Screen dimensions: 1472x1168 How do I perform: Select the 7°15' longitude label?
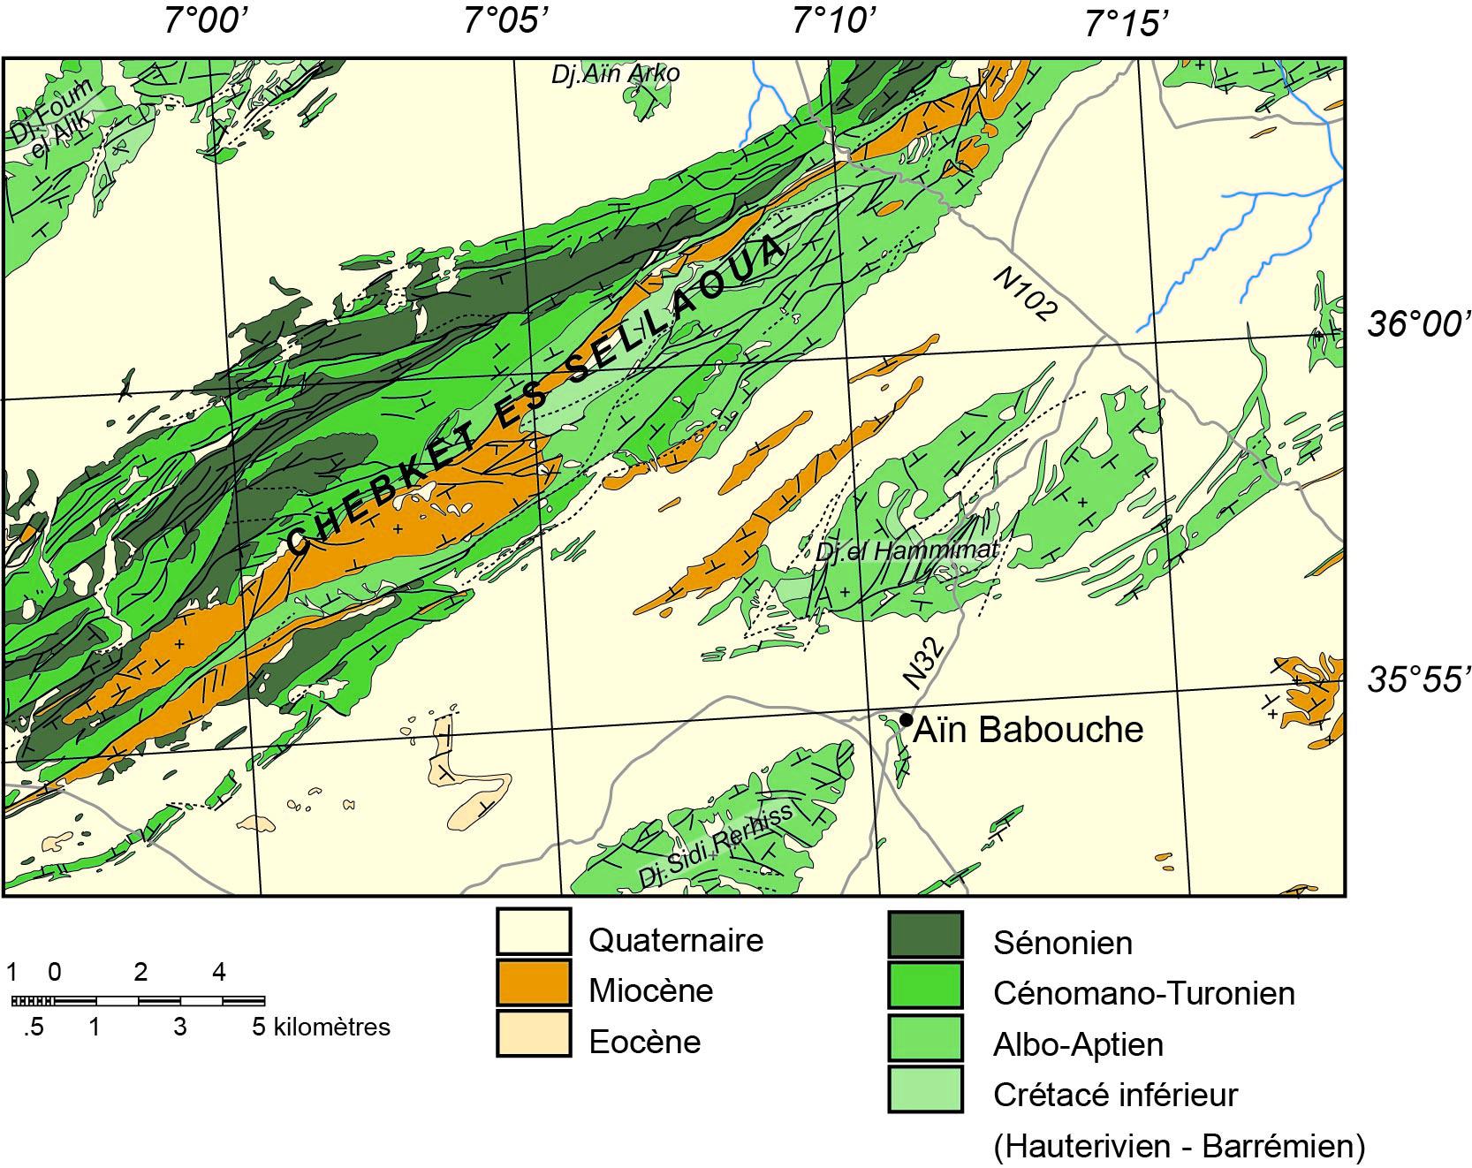1122,23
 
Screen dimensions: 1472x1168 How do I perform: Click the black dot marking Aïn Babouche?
906,720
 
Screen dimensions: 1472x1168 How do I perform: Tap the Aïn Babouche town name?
1028,730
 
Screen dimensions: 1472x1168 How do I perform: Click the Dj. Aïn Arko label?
615,73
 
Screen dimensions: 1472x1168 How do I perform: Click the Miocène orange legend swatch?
533,982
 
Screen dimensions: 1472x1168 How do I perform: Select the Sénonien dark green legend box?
924,935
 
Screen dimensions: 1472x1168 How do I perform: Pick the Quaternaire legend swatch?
533,932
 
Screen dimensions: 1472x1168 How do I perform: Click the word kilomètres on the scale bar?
332,1028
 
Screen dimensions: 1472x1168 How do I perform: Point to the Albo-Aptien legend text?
1078,1044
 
